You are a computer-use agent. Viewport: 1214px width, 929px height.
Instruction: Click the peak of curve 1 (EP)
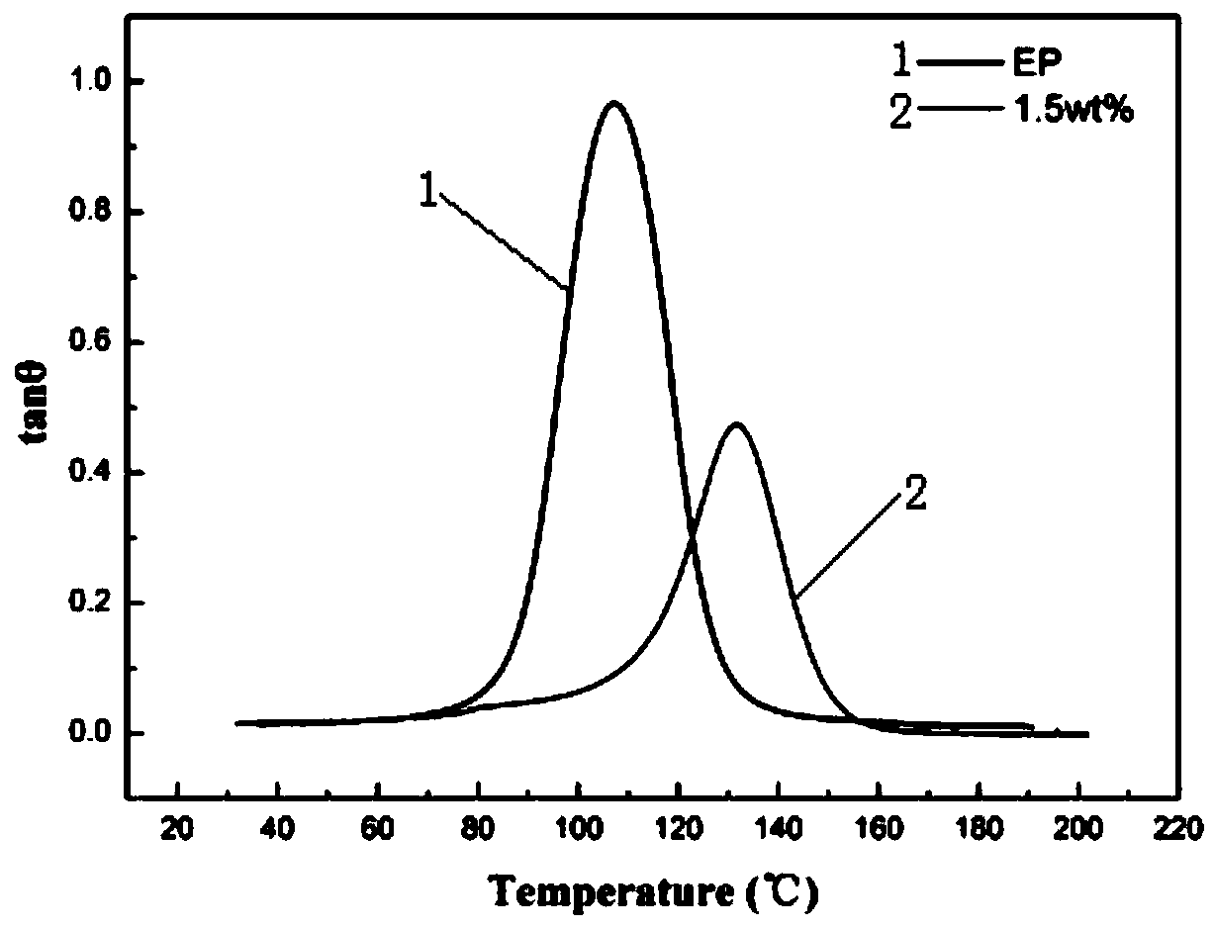(x=614, y=103)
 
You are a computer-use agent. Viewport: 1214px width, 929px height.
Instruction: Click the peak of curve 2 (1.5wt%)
(x=736, y=424)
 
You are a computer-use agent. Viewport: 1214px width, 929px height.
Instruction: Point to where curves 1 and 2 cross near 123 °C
(x=691, y=540)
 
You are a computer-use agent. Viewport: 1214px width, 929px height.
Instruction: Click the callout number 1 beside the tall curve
(x=427, y=191)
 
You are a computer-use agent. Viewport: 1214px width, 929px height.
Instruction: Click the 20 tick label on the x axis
(x=176, y=826)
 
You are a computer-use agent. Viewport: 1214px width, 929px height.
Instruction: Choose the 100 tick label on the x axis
(x=578, y=826)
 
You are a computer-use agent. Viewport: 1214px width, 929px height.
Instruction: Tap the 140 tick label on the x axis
(x=779, y=826)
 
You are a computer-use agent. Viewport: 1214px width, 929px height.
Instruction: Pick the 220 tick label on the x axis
(x=1179, y=826)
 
